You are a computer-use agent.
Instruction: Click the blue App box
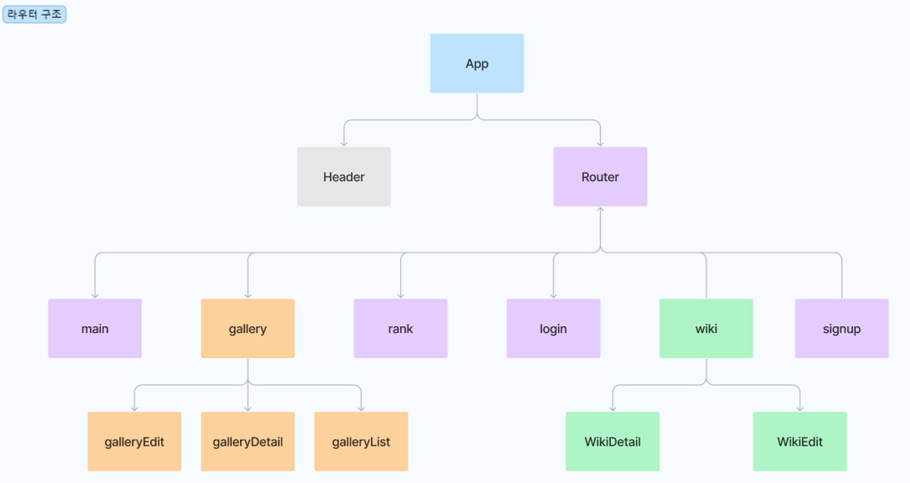(x=477, y=63)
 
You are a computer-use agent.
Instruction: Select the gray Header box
(x=344, y=176)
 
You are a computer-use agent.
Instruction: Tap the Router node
(x=600, y=176)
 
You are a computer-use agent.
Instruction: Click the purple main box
(x=95, y=328)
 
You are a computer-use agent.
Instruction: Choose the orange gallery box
(x=248, y=328)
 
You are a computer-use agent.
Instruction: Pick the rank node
(x=400, y=328)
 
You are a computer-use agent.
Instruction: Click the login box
(x=553, y=328)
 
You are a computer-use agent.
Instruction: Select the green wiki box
(x=706, y=328)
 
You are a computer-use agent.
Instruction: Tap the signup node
(x=841, y=328)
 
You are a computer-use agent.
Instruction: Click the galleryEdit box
(x=134, y=441)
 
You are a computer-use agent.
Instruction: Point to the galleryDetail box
(x=248, y=441)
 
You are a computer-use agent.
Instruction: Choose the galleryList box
(x=361, y=441)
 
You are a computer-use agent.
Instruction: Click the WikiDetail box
(x=612, y=441)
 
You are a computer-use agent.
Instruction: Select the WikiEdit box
(x=799, y=441)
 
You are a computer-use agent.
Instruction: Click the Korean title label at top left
(x=34, y=14)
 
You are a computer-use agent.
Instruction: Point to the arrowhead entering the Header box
(x=344, y=144)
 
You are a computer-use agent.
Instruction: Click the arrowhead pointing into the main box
(x=95, y=296)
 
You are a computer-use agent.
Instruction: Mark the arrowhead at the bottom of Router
(x=600, y=209)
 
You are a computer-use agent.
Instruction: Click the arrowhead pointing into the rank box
(x=401, y=296)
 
